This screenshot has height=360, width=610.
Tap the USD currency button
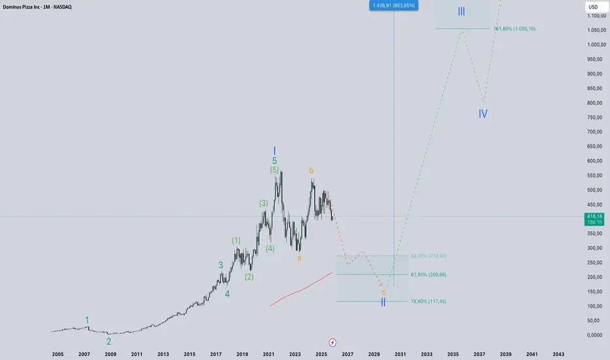coord(593,7)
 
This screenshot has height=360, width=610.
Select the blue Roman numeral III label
coord(461,12)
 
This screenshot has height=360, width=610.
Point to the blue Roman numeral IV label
coord(482,113)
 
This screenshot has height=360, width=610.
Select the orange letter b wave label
coord(312,171)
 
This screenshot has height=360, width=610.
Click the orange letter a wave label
coord(299,258)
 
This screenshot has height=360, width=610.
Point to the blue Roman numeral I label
coord(275,151)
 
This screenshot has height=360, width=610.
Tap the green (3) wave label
coord(263,204)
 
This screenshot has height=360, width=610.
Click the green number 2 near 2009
coord(109,341)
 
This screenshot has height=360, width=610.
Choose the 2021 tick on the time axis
coord(268,354)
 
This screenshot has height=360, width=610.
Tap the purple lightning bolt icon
coord(332,342)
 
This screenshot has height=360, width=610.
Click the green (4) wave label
coord(270,248)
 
